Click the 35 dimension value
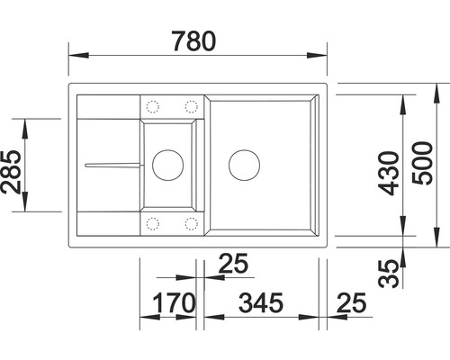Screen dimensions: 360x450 pyautogui.click(x=385, y=272)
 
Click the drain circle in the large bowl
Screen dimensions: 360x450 pyautogui.click(x=243, y=164)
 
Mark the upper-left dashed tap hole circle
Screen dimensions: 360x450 pyautogui.click(x=151, y=104)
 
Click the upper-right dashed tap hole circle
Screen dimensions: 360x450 pyautogui.click(x=190, y=104)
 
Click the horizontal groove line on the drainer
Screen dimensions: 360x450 pyautogui.click(x=112, y=165)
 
